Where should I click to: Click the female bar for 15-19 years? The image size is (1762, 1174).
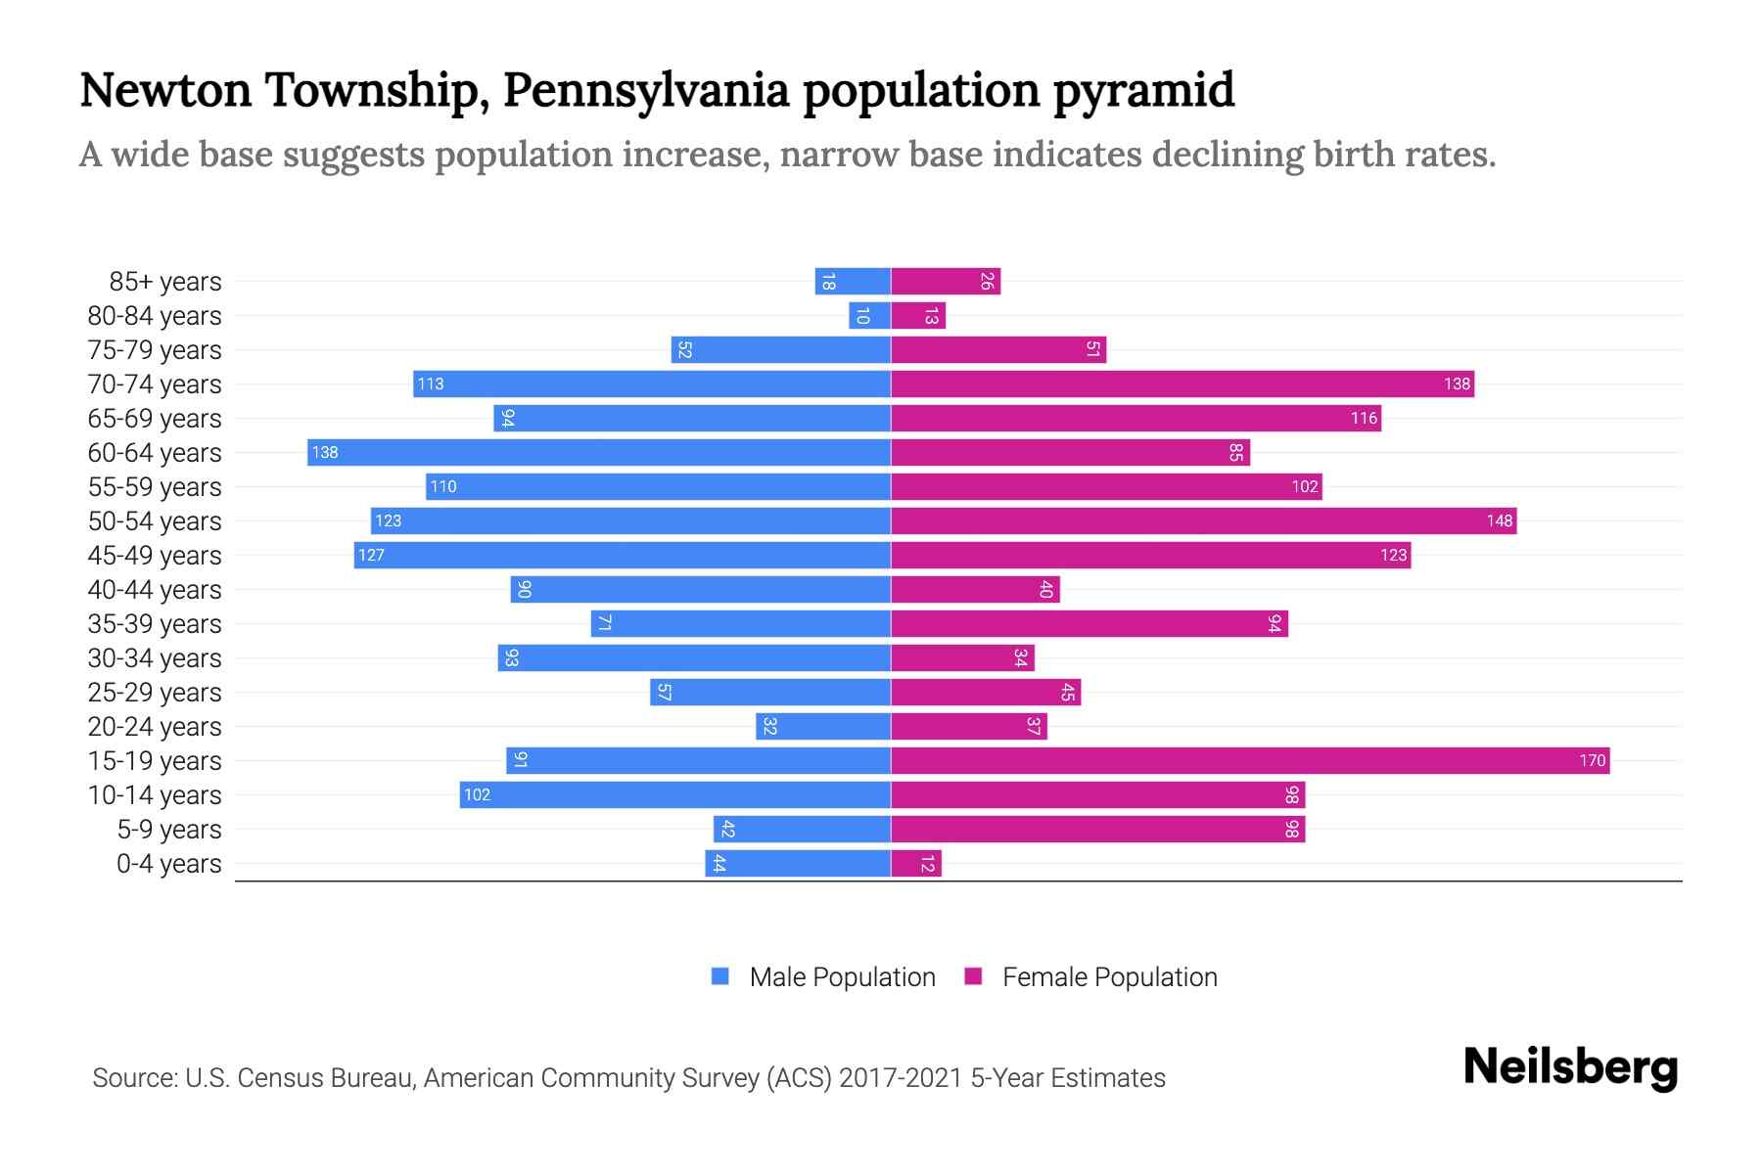pyautogui.click(x=1250, y=760)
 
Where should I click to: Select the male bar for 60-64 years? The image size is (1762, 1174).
pyautogui.click(x=599, y=452)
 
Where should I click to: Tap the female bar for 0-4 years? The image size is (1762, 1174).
pyautogui.click(x=916, y=863)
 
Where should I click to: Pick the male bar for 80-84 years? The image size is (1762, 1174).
pyautogui.click(x=869, y=315)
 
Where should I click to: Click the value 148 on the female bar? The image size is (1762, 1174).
pyautogui.click(x=1499, y=520)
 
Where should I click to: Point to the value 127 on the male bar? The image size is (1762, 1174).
pyautogui.click(x=371, y=555)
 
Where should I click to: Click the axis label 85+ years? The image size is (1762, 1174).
pyautogui.click(x=164, y=282)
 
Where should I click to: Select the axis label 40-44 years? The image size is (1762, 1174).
pyautogui.click(x=155, y=590)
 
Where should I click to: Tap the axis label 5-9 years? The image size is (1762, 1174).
pyautogui.click(x=168, y=830)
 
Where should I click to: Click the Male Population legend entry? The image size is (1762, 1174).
pyautogui.click(x=842, y=976)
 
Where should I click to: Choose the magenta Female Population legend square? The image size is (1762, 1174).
pyautogui.click(x=973, y=976)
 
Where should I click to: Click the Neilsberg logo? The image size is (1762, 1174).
pyautogui.click(x=1570, y=1067)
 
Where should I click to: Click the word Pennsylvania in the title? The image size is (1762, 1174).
pyautogui.click(x=645, y=90)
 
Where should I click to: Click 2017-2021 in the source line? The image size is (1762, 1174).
pyautogui.click(x=901, y=1078)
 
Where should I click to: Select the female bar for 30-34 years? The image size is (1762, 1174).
pyautogui.click(x=962, y=657)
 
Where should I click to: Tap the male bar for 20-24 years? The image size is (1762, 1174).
pyautogui.click(x=823, y=726)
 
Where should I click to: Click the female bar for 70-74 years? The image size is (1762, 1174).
pyautogui.click(x=1182, y=384)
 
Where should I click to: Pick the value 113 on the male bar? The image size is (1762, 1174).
pyautogui.click(x=430, y=384)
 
